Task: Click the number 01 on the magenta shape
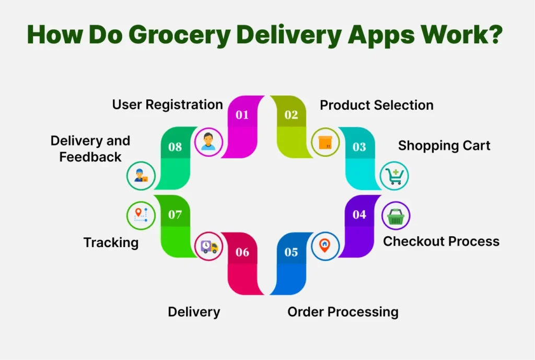(242, 115)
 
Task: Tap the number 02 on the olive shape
(291, 115)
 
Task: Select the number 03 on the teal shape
(359, 147)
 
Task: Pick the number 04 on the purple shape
(359, 215)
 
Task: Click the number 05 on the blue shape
(291, 252)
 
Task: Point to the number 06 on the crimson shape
(242, 252)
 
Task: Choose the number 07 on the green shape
(175, 215)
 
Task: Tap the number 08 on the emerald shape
(175, 147)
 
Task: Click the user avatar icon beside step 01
(208, 142)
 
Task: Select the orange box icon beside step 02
(325, 142)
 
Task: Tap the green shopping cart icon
(394, 176)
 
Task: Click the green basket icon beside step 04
(396, 215)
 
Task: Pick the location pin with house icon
(325, 246)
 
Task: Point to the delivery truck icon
(208, 246)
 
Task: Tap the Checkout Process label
(441, 241)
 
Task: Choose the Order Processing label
(343, 312)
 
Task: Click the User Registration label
(167, 104)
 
